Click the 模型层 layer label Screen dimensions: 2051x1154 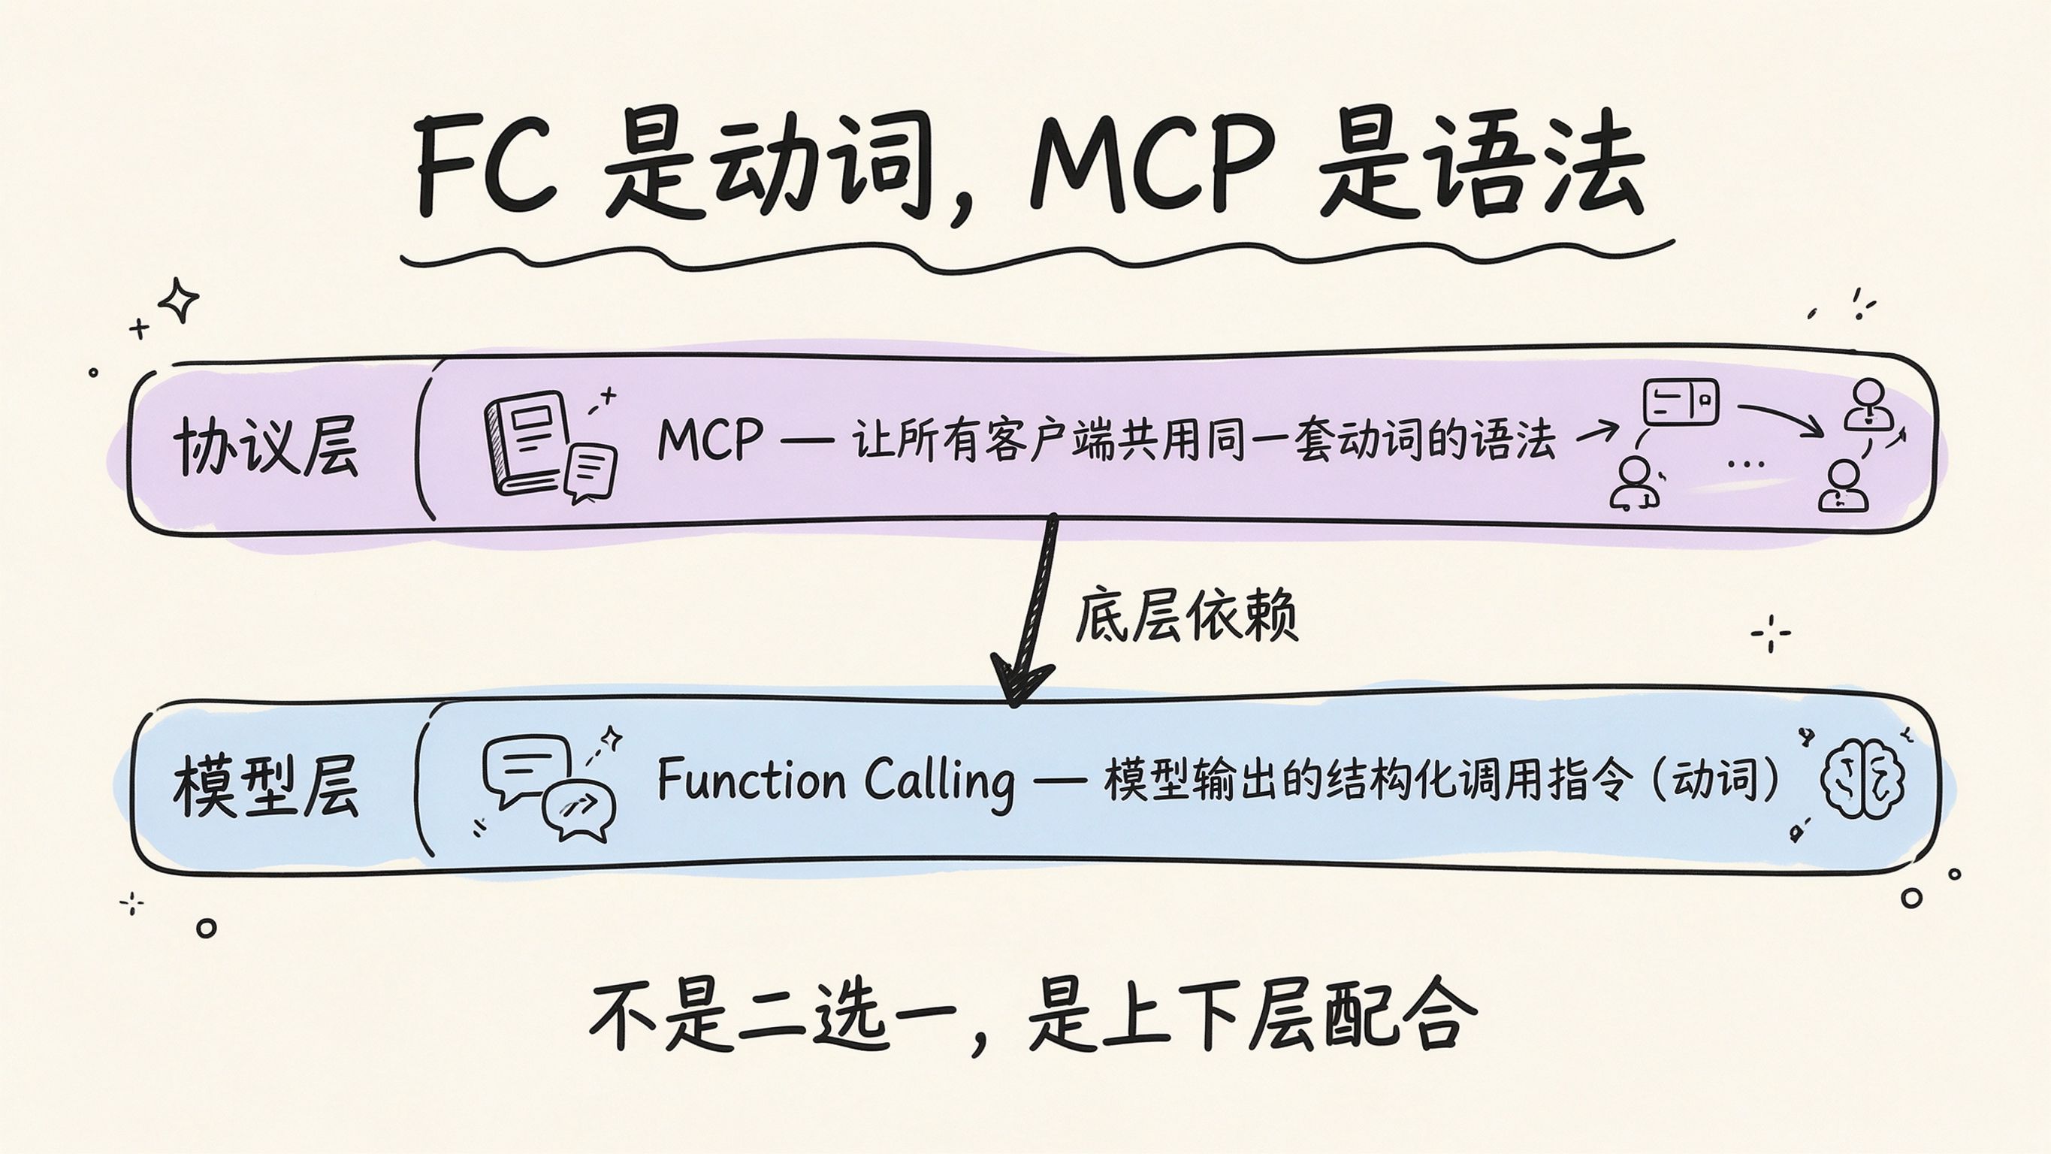click(x=266, y=787)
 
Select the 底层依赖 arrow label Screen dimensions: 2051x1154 click(x=1186, y=615)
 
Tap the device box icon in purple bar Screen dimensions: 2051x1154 click(x=1681, y=402)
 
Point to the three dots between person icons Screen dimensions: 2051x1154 click(x=1747, y=464)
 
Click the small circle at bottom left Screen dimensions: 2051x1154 click(x=206, y=928)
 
